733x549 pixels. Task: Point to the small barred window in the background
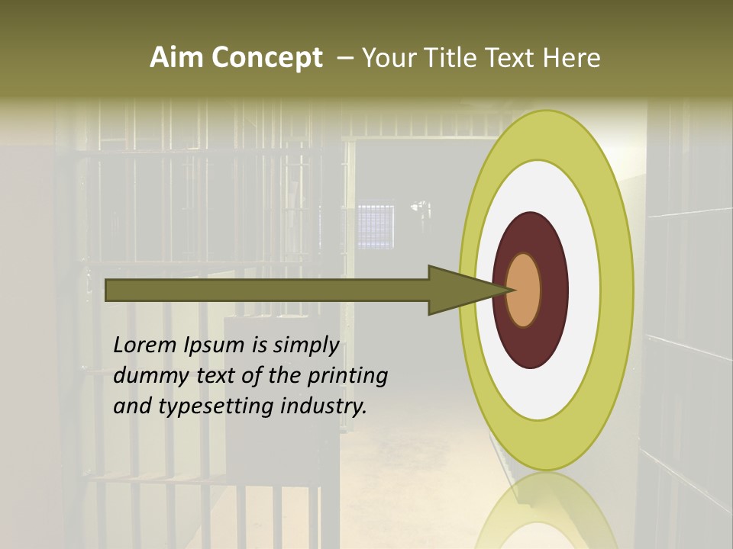coord(376,225)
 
